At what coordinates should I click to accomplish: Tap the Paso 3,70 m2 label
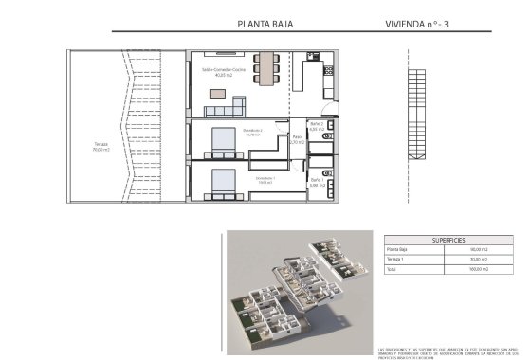pos(297,139)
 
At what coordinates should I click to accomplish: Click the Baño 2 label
pos(317,126)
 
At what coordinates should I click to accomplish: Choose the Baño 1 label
pos(316,182)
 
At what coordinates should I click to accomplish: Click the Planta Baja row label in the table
pos(397,248)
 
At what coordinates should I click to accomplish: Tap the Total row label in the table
pos(393,269)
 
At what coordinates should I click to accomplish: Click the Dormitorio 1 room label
pos(266,177)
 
